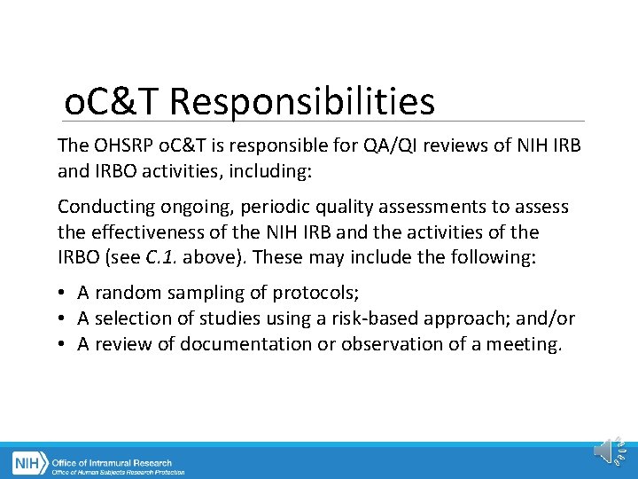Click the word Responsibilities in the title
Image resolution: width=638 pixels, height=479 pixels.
302,102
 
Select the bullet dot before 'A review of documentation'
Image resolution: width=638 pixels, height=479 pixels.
64,344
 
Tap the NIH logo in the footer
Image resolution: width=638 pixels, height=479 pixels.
29,463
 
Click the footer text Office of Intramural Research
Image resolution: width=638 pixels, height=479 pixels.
112,462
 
